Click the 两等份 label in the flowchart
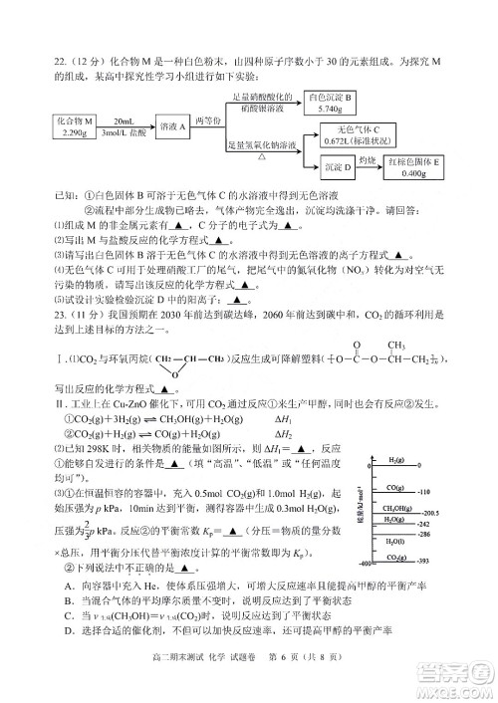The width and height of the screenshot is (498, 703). click(205, 119)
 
